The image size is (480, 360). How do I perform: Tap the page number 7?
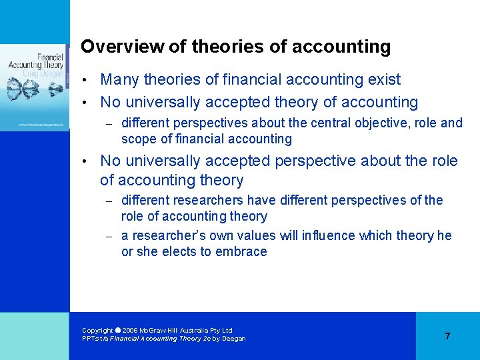point(447,336)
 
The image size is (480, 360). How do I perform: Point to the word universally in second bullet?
point(161,103)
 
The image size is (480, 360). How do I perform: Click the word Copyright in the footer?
point(97,330)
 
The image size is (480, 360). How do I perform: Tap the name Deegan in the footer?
point(233,339)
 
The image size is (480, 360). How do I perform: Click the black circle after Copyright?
point(118,330)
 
